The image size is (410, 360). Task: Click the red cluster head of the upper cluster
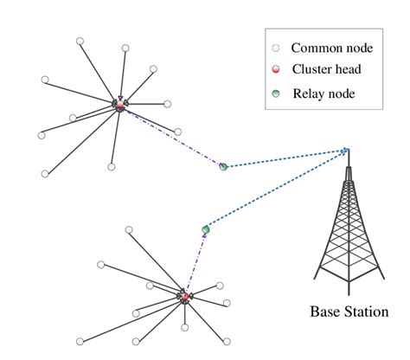point(119,106)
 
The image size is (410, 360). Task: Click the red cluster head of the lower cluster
point(185,297)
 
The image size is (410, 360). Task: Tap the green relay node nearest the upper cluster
point(223,166)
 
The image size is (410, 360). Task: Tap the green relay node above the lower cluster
point(206,229)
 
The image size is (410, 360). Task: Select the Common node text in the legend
point(330,48)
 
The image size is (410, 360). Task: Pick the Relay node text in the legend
point(324,93)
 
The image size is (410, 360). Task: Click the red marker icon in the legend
point(276,69)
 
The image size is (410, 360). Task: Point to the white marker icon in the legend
point(276,48)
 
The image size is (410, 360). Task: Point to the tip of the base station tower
point(348,151)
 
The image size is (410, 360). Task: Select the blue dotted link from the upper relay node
point(285,158)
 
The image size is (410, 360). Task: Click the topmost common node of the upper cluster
point(80,41)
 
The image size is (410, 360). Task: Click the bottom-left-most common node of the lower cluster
point(80,341)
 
